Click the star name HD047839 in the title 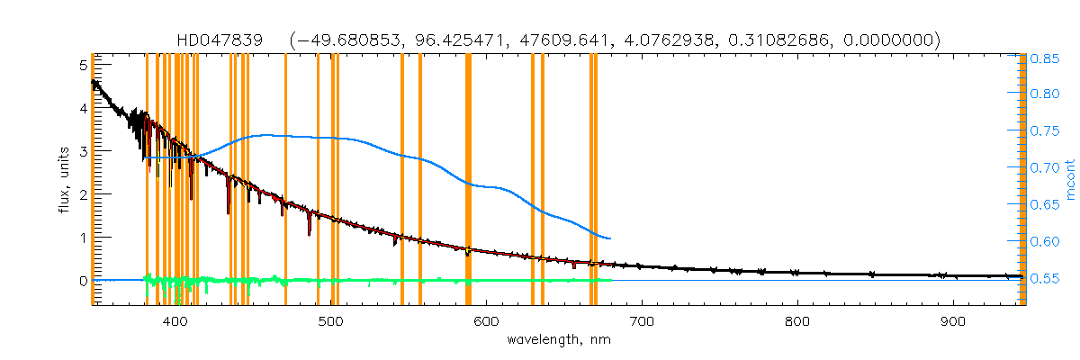point(220,40)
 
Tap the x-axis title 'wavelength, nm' point(557,340)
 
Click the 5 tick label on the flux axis point(83,65)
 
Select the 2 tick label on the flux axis point(83,194)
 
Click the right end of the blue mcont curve point(611,238)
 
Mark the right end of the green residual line point(611,280)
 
